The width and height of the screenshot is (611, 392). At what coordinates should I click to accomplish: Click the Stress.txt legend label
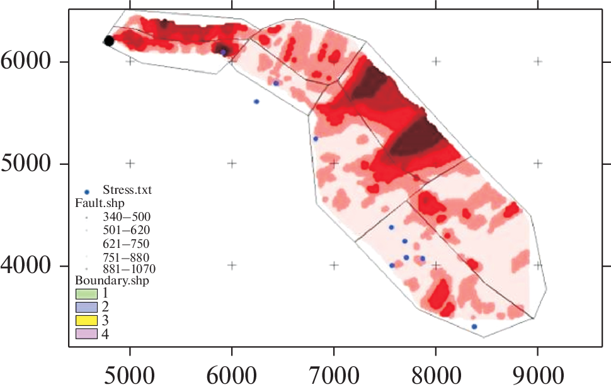pos(127,189)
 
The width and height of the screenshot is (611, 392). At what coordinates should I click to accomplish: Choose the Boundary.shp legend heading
pos(112,280)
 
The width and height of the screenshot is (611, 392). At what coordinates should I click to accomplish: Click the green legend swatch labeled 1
pos(86,294)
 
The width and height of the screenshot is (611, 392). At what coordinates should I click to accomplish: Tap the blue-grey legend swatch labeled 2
pos(86,307)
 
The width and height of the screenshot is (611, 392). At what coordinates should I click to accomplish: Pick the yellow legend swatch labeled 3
pos(86,321)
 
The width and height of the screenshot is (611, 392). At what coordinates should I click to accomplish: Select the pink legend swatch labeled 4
pos(86,334)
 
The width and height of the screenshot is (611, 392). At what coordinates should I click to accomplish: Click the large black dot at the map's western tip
pos(108,41)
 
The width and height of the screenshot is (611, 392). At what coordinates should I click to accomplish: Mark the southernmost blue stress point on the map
pos(474,327)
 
